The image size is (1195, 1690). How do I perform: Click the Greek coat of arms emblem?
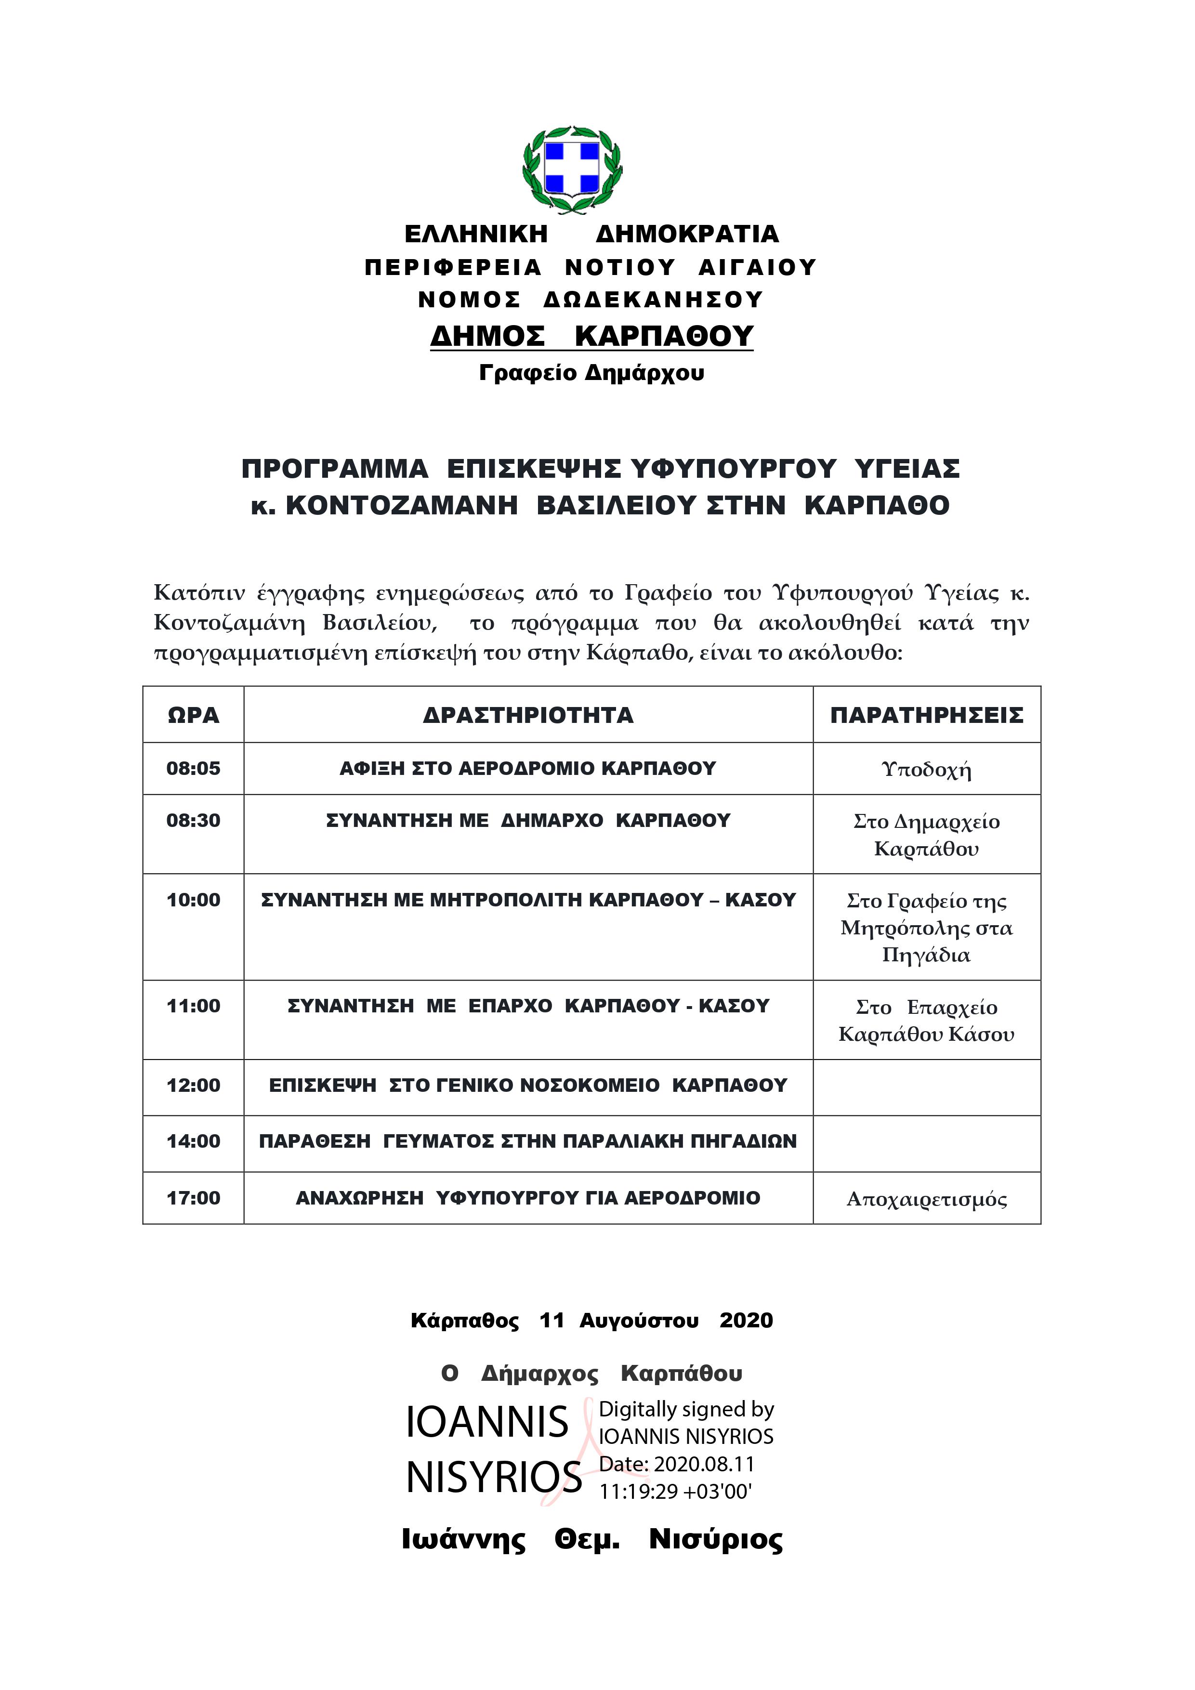[572, 170]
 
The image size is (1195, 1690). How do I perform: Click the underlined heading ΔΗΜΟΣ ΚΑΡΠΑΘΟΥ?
[591, 336]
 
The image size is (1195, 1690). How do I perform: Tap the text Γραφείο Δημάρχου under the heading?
[591, 373]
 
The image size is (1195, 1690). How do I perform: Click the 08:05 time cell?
[193, 769]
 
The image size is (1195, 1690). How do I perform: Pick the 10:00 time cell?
[193, 900]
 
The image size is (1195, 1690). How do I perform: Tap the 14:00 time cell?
[193, 1141]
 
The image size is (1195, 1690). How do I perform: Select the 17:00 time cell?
[193, 1198]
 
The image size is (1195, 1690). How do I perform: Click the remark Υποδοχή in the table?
[926, 770]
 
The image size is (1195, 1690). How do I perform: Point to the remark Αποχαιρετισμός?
[926, 1199]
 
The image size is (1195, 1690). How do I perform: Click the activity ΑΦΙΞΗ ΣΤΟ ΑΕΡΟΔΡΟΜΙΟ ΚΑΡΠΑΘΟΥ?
[527, 769]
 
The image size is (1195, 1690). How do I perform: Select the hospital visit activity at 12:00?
[527, 1085]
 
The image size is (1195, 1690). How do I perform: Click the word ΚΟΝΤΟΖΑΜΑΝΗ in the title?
[401, 506]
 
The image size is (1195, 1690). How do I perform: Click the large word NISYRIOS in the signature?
[494, 1477]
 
